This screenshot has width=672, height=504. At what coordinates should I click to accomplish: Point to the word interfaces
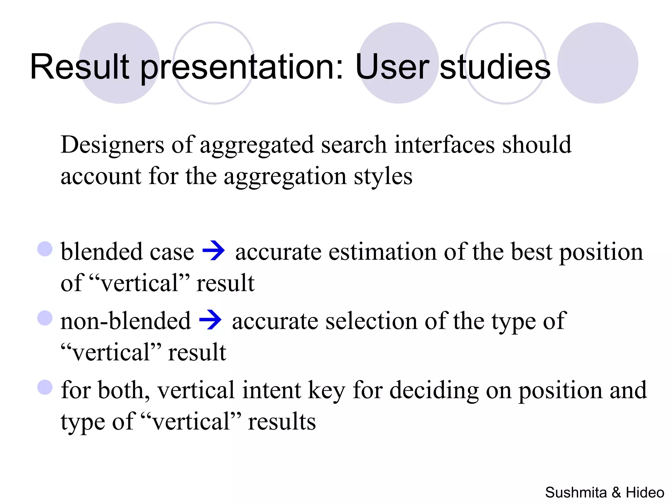(444, 145)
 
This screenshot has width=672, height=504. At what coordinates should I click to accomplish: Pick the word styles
(383, 176)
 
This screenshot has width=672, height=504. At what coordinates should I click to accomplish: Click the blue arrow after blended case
(214, 251)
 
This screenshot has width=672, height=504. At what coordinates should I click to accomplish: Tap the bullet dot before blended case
(45, 249)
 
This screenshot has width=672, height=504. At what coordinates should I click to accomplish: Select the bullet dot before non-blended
(45, 318)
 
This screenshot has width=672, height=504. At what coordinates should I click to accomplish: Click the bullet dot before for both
(45, 387)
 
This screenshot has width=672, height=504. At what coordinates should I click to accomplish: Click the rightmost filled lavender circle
(598, 63)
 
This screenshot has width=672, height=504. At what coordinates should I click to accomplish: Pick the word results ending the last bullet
(282, 422)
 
